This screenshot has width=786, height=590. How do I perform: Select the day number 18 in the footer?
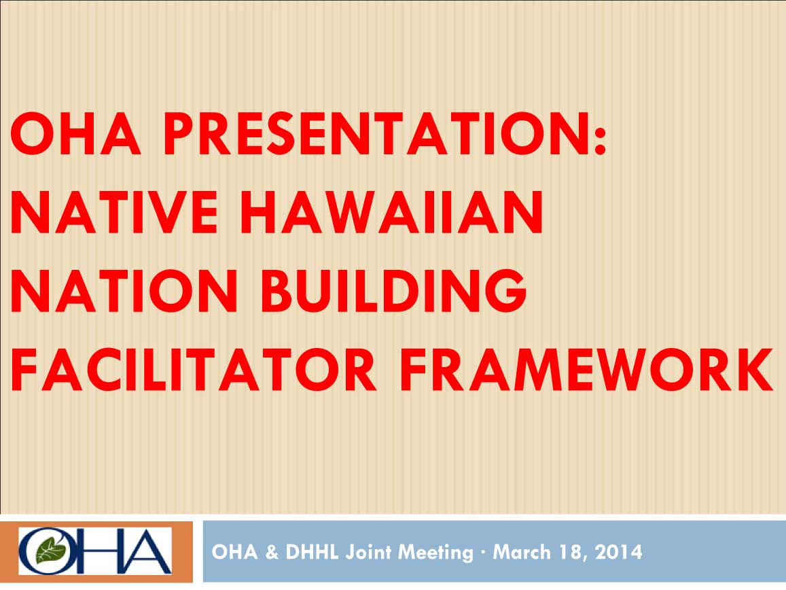[x=568, y=552]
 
